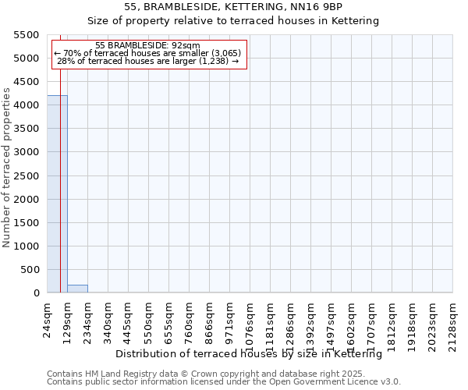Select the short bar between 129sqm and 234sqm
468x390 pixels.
click(77, 289)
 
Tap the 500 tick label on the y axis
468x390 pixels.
click(30, 270)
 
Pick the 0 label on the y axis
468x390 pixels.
click(36, 293)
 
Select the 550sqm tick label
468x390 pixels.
click(149, 320)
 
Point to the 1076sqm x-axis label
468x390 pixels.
click(250, 322)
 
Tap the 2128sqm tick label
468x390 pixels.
click(453, 322)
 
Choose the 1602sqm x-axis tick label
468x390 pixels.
click(352, 322)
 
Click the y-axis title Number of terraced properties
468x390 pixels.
click(8, 168)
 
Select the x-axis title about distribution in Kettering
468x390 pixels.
click(248, 354)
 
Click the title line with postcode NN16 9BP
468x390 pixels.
click(233, 7)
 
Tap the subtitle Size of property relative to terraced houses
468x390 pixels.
click(233, 21)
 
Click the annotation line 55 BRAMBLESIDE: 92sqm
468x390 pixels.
click(147, 46)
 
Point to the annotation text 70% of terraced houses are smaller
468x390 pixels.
click(147, 53)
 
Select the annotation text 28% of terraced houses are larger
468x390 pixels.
click(147, 61)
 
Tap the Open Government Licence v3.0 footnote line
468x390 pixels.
click(223, 382)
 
